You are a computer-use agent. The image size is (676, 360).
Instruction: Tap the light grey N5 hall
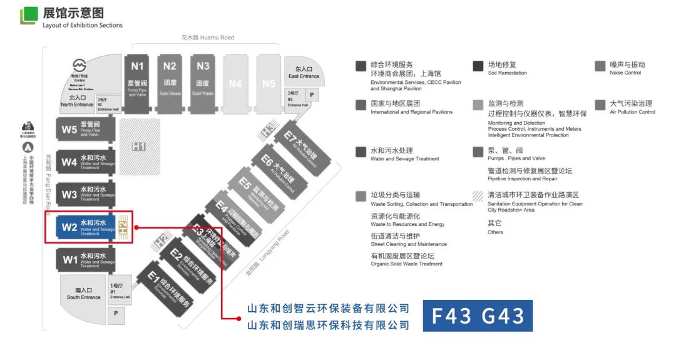[269, 83]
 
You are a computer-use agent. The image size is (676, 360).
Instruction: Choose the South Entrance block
[84, 292]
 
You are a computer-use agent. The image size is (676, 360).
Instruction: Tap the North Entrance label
[77, 101]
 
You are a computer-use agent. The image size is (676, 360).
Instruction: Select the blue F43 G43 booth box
[477, 316]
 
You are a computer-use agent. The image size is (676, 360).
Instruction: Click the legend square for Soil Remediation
[478, 66]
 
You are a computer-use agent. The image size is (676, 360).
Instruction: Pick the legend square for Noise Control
[600, 66]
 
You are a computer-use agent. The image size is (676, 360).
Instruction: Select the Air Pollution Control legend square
[600, 105]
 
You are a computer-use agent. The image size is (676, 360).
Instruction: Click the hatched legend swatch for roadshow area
[478, 195]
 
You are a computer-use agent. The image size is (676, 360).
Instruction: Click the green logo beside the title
[29, 16]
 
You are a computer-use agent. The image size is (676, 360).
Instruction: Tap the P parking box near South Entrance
[116, 315]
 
